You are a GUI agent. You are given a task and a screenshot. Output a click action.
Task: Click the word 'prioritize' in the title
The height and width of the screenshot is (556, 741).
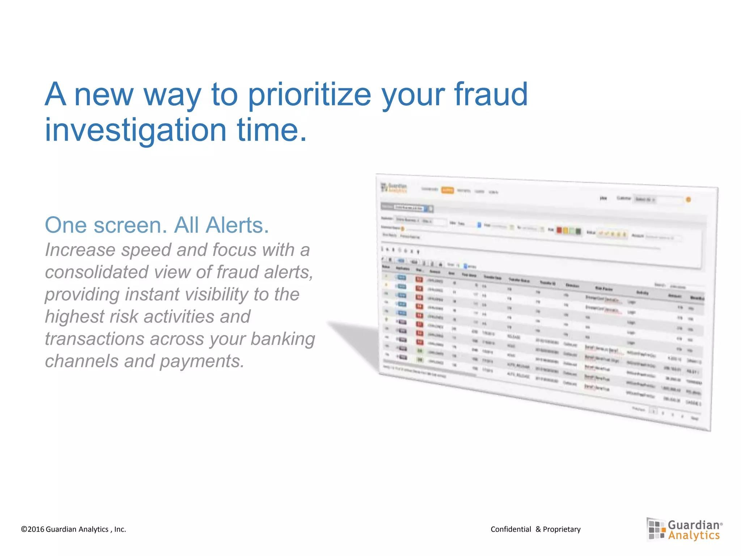click(310, 95)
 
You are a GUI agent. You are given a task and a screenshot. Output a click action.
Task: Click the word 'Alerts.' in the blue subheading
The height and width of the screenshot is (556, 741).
click(221, 225)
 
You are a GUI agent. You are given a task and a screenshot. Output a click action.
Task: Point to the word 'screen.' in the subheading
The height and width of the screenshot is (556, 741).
click(130, 225)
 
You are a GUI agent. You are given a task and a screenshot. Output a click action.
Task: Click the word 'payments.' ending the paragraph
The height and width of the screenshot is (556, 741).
click(202, 361)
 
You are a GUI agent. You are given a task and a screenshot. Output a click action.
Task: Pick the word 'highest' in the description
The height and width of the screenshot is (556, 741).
click(74, 316)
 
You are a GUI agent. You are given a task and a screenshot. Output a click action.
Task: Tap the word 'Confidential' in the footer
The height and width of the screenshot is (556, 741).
click(511, 529)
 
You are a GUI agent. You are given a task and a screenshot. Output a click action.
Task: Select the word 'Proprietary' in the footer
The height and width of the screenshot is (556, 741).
click(562, 529)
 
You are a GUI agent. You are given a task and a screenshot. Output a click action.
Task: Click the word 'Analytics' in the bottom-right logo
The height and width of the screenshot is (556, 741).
click(694, 535)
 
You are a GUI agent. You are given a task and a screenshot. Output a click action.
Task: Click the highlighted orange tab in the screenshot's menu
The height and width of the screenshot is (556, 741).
click(447, 190)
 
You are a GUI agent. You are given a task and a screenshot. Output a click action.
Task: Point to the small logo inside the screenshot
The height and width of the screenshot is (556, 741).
click(394, 188)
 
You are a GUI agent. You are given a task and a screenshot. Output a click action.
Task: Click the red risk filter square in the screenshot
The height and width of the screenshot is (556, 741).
click(559, 230)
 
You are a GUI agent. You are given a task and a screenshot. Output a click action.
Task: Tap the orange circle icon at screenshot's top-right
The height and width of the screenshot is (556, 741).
click(688, 199)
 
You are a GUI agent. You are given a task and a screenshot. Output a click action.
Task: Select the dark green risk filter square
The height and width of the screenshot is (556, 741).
click(578, 231)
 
